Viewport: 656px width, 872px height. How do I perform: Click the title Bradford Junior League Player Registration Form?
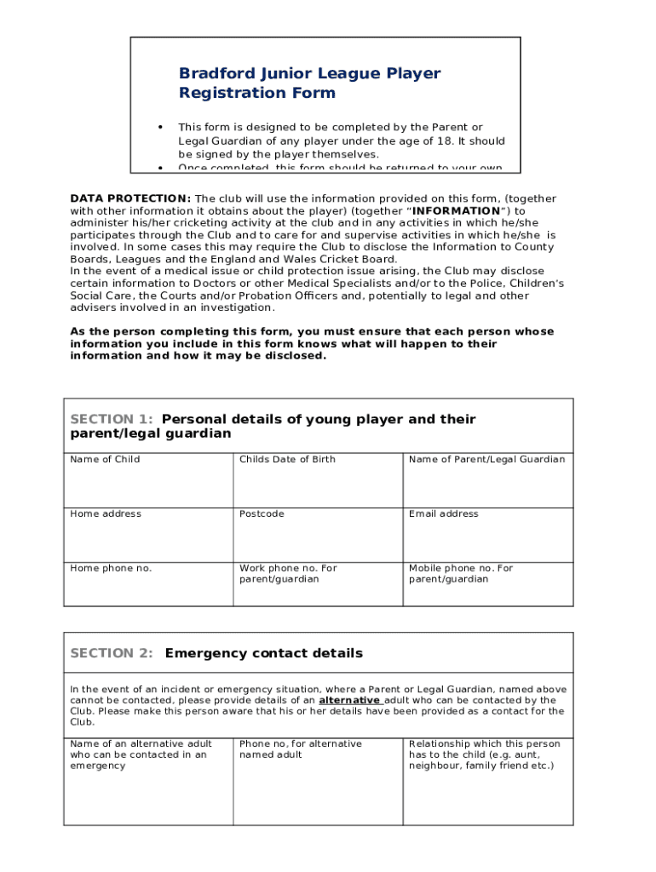(309, 83)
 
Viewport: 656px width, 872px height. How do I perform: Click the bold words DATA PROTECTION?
(130, 198)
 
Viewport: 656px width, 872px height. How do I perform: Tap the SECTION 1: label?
(111, 419)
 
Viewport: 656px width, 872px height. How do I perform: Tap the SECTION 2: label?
(111, 653)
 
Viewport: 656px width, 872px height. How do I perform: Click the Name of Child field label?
(105, 459)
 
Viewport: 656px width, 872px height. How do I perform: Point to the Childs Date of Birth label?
(287, 459)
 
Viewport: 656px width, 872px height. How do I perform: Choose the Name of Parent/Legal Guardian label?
(486, 459)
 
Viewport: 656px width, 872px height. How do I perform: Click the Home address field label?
(106, 513)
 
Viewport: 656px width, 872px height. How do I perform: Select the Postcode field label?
(262, 513)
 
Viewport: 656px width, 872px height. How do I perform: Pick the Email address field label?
(443, 513)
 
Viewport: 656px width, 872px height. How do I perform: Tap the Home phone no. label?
(111, 568)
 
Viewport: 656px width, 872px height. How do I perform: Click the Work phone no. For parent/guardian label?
(287, 573)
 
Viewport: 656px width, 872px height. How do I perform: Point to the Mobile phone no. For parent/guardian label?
(460, 573)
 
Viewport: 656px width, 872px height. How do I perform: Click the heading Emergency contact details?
(263, 653)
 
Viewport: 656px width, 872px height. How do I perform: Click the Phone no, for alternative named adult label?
(300, 749)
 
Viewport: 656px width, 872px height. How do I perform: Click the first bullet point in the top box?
(160, 128)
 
